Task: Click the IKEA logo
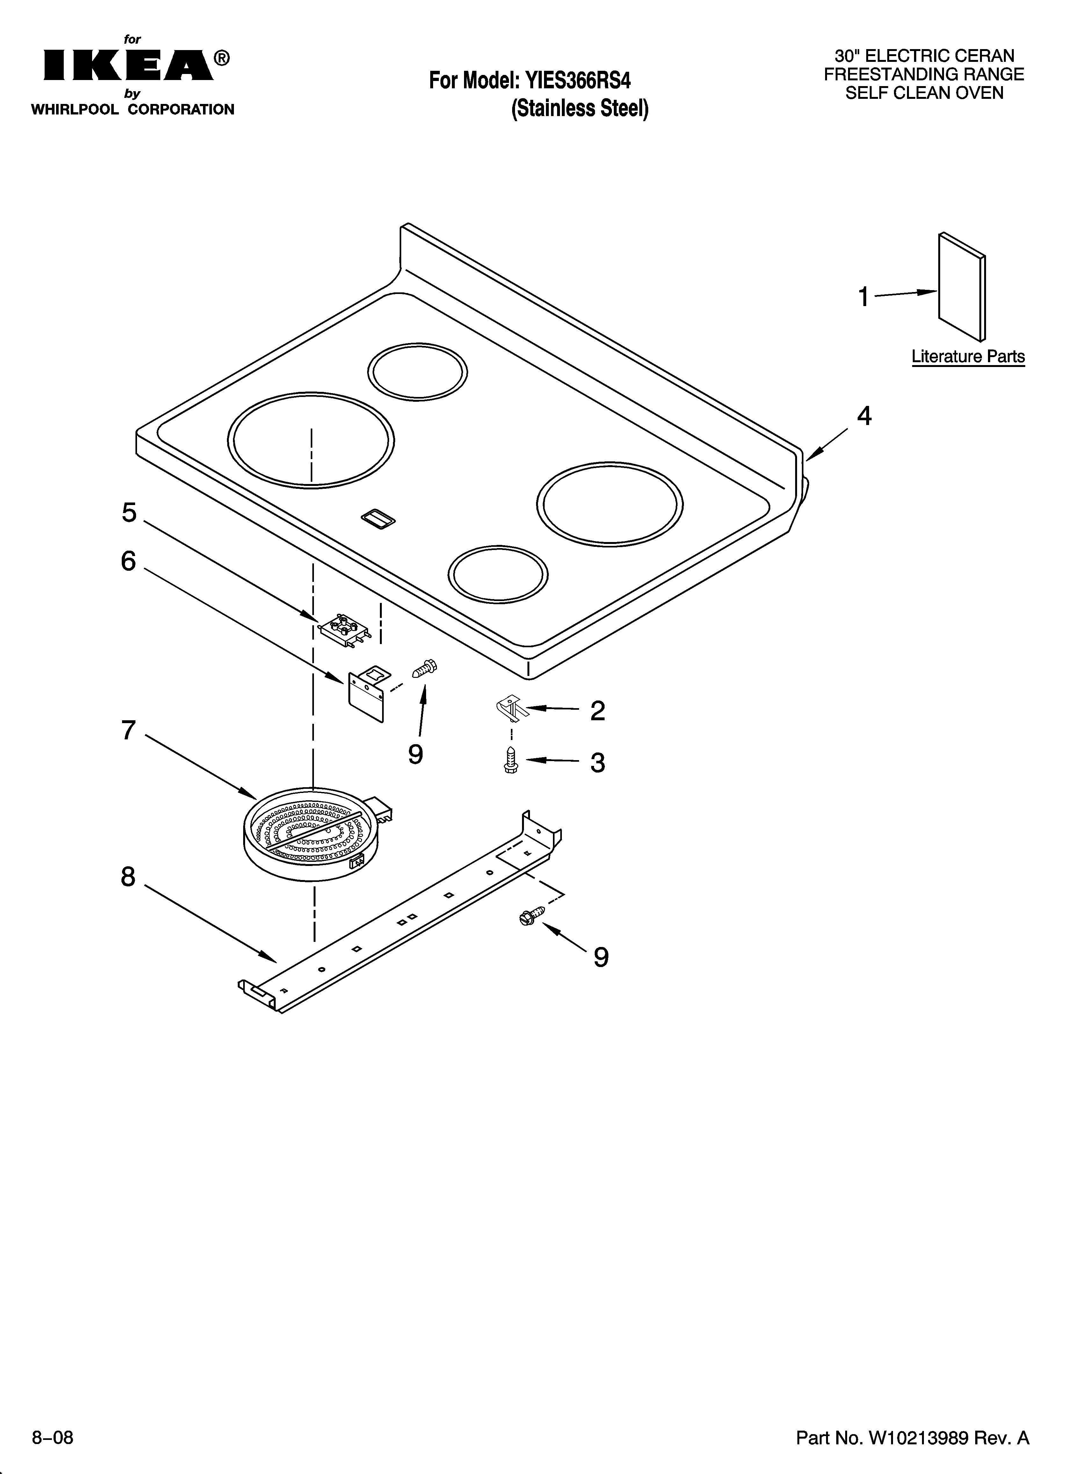tap(129, 67)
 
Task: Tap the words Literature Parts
tap(968, 357)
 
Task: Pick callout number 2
tap(597, 711)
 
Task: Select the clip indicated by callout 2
tap(512, 707)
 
